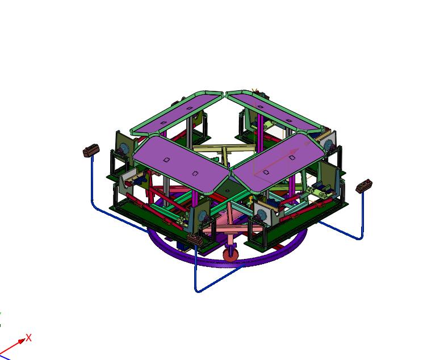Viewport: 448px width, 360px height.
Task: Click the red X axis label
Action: coord(28,338)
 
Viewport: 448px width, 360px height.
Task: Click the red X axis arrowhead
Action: coord(22,341)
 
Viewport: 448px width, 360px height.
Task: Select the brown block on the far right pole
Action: coord(364,186)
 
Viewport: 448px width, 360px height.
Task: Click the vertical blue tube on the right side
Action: coord(361,216)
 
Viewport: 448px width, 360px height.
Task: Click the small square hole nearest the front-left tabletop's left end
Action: coord(166,160)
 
